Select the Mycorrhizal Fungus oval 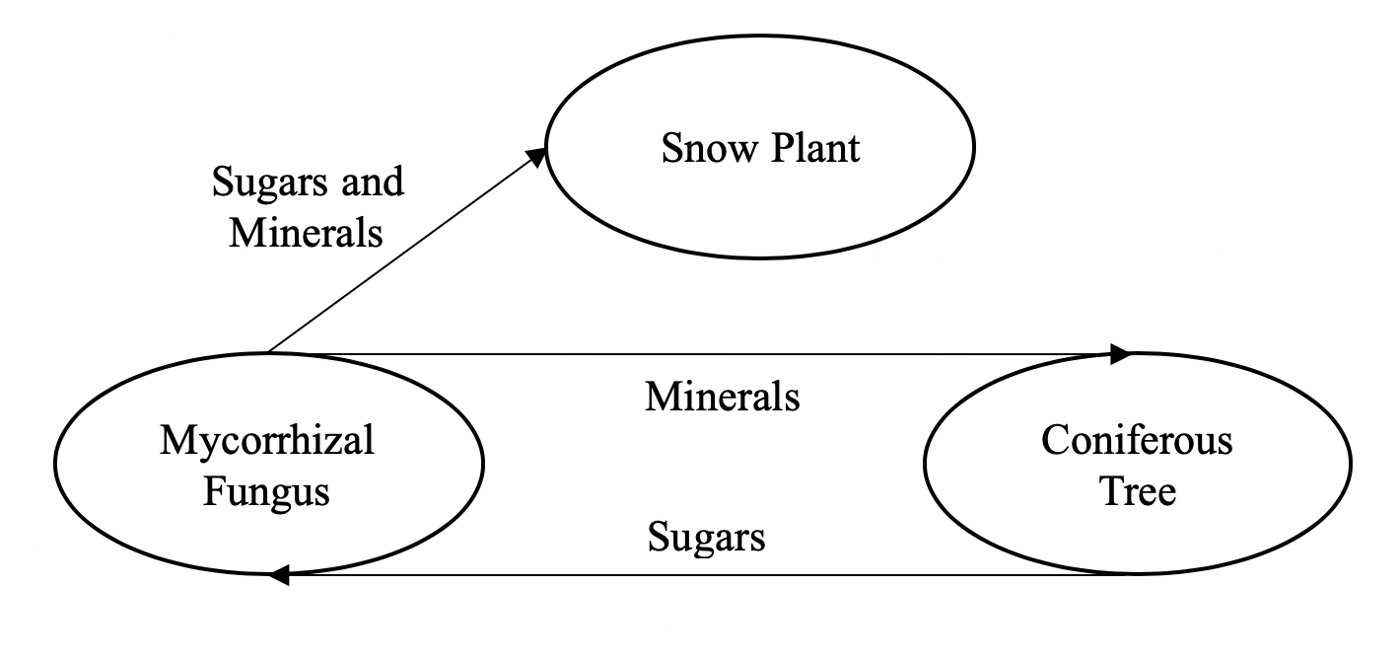268,513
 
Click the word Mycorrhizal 267,440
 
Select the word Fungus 266,490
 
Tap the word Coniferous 1137,440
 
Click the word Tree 1138,490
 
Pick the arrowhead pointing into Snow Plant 536,156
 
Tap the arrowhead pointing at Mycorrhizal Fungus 279,575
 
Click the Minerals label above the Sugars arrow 722,397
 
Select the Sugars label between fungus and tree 706,538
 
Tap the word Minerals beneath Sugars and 306,234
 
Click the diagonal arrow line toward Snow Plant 404,253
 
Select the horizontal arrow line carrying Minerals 690,353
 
